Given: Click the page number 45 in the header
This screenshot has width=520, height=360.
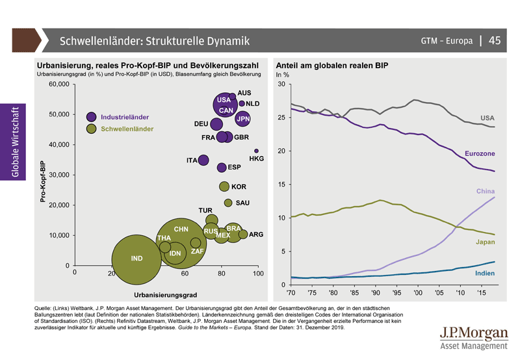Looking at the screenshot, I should pyautogui.click(x=495, y=40).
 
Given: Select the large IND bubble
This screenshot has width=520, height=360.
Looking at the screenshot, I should pyautogui.click(x=136, y=260).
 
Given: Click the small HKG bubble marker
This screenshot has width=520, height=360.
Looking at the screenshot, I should pyautogui.click(x=256, y=151).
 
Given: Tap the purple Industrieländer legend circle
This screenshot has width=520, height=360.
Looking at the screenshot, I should pyautogui.click(x=92, y=117).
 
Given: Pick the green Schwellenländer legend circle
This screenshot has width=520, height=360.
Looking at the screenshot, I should pyautogui.click(x=92, y=129).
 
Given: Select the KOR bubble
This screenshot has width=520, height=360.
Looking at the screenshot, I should pyautogui.click(x=224, y=186).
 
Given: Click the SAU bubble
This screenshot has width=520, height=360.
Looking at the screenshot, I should pyautogui.click(x=228, y=203).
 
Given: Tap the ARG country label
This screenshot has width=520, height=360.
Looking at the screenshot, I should pyautogui.click(x=256, y=235).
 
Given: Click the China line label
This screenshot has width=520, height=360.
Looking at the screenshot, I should pyautogui.click(x=486, y=192).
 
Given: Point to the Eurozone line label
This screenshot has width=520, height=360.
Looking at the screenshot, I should pyautogui.click(x=480, y=153).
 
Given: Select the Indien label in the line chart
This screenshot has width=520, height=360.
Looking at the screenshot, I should pyautogui.click(x=485, y=273).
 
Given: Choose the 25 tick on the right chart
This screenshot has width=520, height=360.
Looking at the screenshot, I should pyautogui.click(x=281, y=118).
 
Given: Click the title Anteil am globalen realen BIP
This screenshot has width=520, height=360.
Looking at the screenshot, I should pyautogui.click(x=332, y=66).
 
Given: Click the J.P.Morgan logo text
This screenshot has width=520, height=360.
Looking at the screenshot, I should pyautogui.click(x=474, y=333).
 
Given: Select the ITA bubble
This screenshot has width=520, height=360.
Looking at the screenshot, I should pyautogui.click(x=203, y=160).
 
